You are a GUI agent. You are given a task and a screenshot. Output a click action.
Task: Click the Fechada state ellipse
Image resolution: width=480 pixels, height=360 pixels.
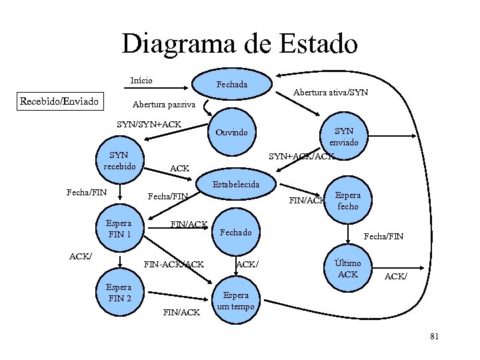tap(231, 85)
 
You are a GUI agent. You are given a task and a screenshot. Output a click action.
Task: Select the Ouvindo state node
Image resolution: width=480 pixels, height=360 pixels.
tap(231, 132)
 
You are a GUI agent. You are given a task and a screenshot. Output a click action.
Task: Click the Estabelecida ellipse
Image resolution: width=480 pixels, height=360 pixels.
tap(235, 184)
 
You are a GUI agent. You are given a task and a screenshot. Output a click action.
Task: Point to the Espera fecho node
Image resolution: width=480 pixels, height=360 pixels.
tap(347, 201)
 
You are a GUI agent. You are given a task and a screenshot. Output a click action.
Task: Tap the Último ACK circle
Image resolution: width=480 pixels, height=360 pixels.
tap(347, 268)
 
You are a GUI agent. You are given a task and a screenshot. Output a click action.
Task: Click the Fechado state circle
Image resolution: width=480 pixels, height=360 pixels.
tap(235, 233)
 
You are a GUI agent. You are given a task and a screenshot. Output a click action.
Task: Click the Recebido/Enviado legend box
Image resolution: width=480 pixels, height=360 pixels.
tap(60, 101)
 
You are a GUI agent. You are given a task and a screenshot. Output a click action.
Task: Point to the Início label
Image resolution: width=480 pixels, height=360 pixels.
tap(141, 81)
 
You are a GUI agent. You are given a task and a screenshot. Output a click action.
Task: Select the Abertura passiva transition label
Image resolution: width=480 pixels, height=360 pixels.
tap(163, 105)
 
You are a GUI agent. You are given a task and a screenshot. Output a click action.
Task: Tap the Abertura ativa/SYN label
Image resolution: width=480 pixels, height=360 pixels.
tap(331, 92)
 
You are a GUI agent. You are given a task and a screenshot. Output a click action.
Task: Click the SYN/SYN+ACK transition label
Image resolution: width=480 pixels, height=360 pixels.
tap(149, 124)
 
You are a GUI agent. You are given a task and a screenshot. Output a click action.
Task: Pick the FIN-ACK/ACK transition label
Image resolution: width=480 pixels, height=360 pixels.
tap(174, 265)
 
